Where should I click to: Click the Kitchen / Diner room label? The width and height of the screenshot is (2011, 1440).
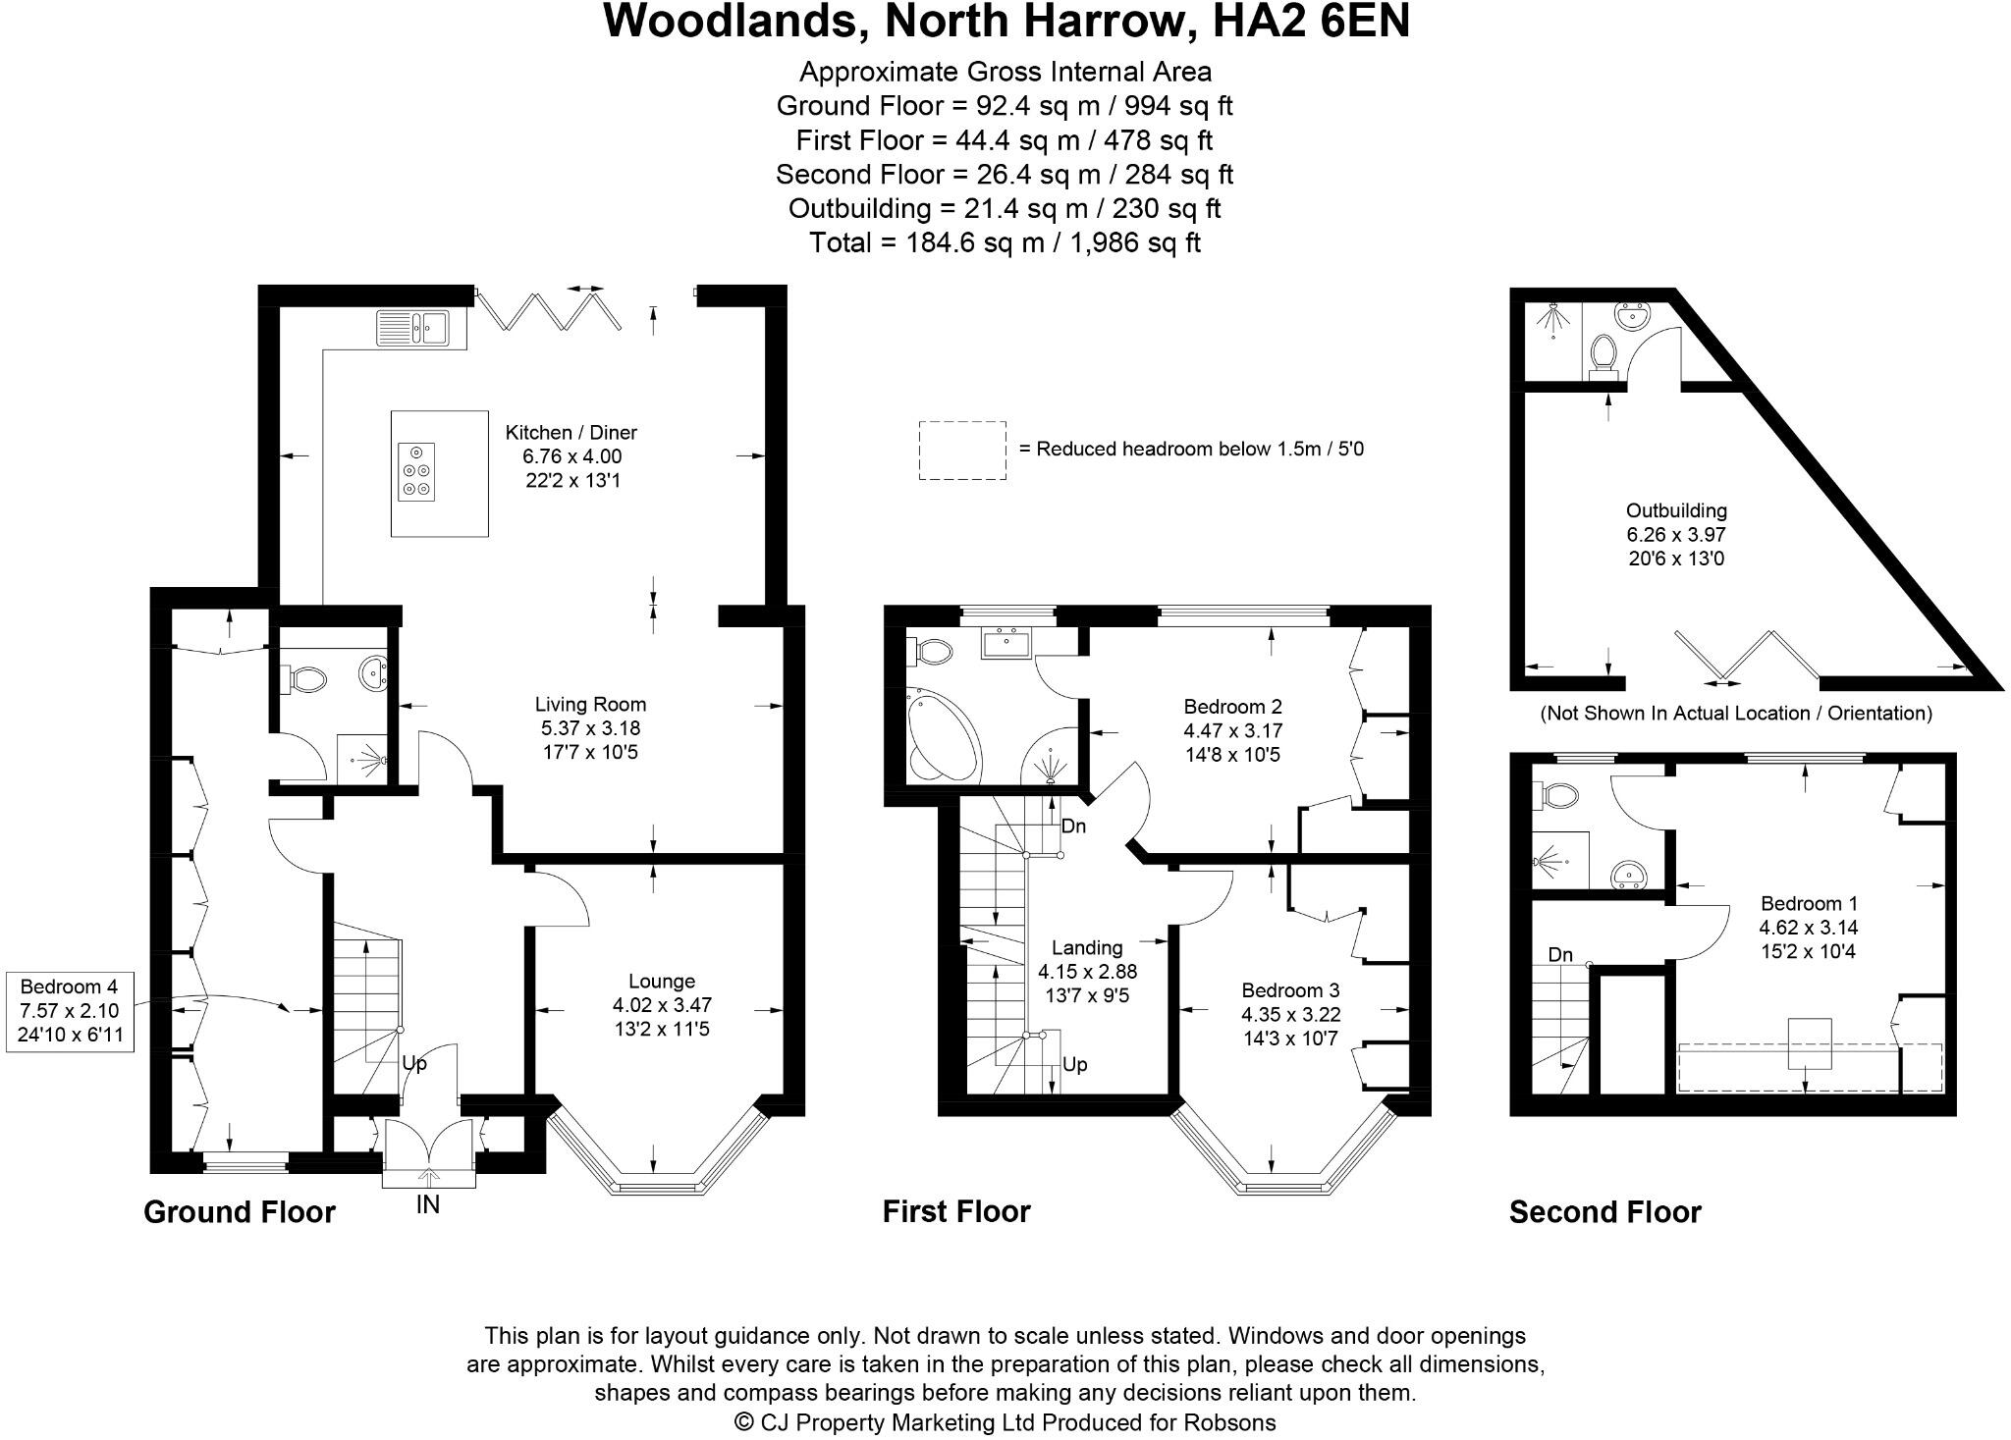[571, 433]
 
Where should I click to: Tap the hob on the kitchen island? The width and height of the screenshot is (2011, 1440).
[415, 472]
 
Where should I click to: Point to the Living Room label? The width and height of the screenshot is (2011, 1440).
[590, 704]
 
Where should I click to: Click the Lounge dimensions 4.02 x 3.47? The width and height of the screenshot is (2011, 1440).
[661, 1005]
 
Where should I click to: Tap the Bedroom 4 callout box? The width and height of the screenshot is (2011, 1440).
[69, 1011]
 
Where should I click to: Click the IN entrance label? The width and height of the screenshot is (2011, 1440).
[428, 1204]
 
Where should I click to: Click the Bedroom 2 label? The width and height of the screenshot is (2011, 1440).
[1232, 707]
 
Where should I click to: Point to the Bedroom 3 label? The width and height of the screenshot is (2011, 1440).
[1290, 990]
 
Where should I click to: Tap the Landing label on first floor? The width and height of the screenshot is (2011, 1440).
[1086, 948]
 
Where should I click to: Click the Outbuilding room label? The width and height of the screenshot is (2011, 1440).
[1675, 511]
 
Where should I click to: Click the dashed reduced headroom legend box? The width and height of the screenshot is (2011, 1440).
[961, 451]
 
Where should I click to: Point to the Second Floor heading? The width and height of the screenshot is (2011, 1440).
[1603, 1212]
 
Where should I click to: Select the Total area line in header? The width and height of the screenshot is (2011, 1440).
[1004, 242]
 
